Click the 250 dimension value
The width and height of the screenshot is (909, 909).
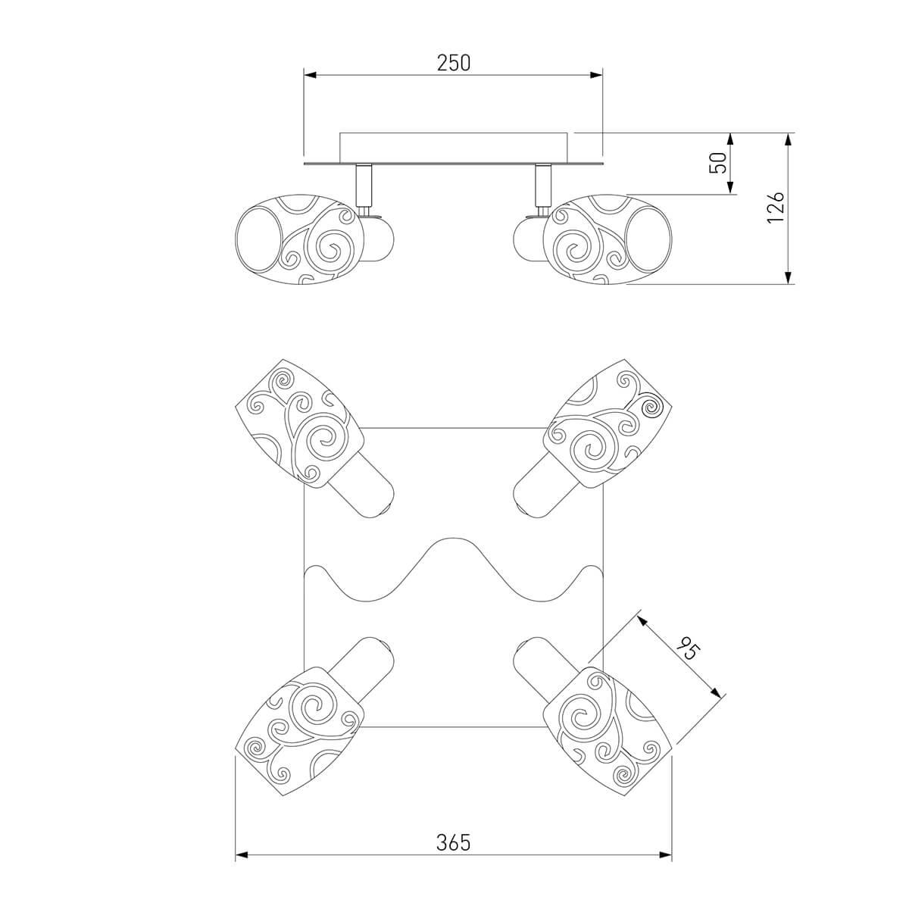(x=453, y=63)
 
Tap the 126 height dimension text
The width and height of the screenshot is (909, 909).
(x=775, y=208)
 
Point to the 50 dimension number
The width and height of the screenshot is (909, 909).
(x=718, y=163)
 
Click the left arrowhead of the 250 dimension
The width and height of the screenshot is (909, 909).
(x=310, y=75)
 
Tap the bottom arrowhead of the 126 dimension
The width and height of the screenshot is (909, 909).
(x=788, y=278)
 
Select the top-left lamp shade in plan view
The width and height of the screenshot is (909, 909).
(x=299, y=423)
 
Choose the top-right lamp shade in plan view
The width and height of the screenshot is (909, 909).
(x=608, y=423)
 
